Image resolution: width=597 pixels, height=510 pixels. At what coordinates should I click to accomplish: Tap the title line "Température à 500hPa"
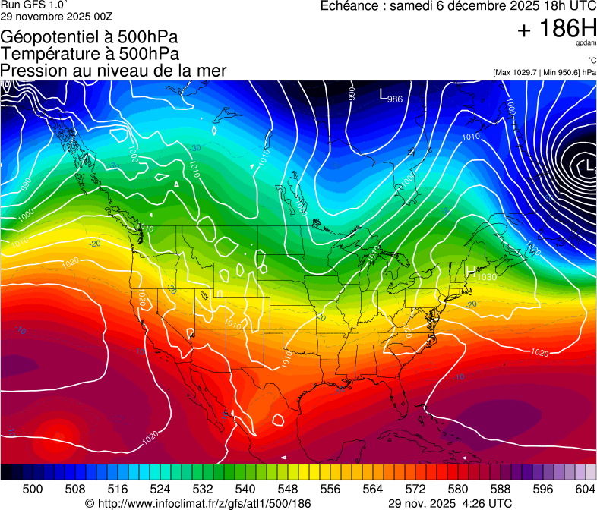(x=90, y=54)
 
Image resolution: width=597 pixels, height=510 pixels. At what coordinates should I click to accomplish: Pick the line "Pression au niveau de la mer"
(x=114, y=71)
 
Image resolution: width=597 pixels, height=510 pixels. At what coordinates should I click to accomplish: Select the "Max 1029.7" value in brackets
(x=520, y=72)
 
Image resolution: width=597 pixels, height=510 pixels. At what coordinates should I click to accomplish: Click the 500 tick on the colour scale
(x=33, y=488)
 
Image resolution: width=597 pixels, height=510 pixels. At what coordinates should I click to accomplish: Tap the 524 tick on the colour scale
(x=160, y=488)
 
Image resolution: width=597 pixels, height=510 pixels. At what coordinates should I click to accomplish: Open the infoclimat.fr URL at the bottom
(x=205, y=503)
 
